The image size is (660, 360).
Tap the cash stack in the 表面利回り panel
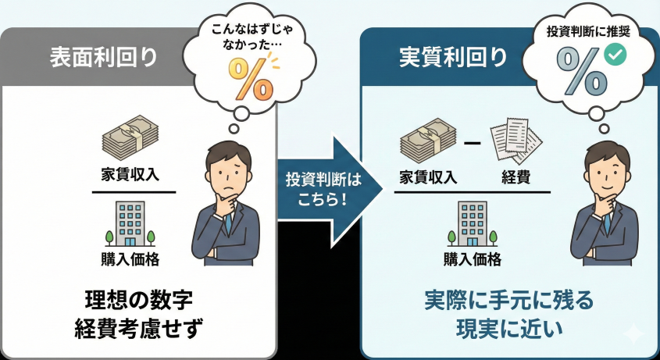coord(131,139)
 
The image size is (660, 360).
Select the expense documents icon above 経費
coord(516,141)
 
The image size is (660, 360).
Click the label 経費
coord(516,176)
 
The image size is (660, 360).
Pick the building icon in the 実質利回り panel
coord(472,224)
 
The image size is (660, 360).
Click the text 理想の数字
coord(137,300)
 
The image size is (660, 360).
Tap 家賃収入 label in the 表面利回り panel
coord(130,173)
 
